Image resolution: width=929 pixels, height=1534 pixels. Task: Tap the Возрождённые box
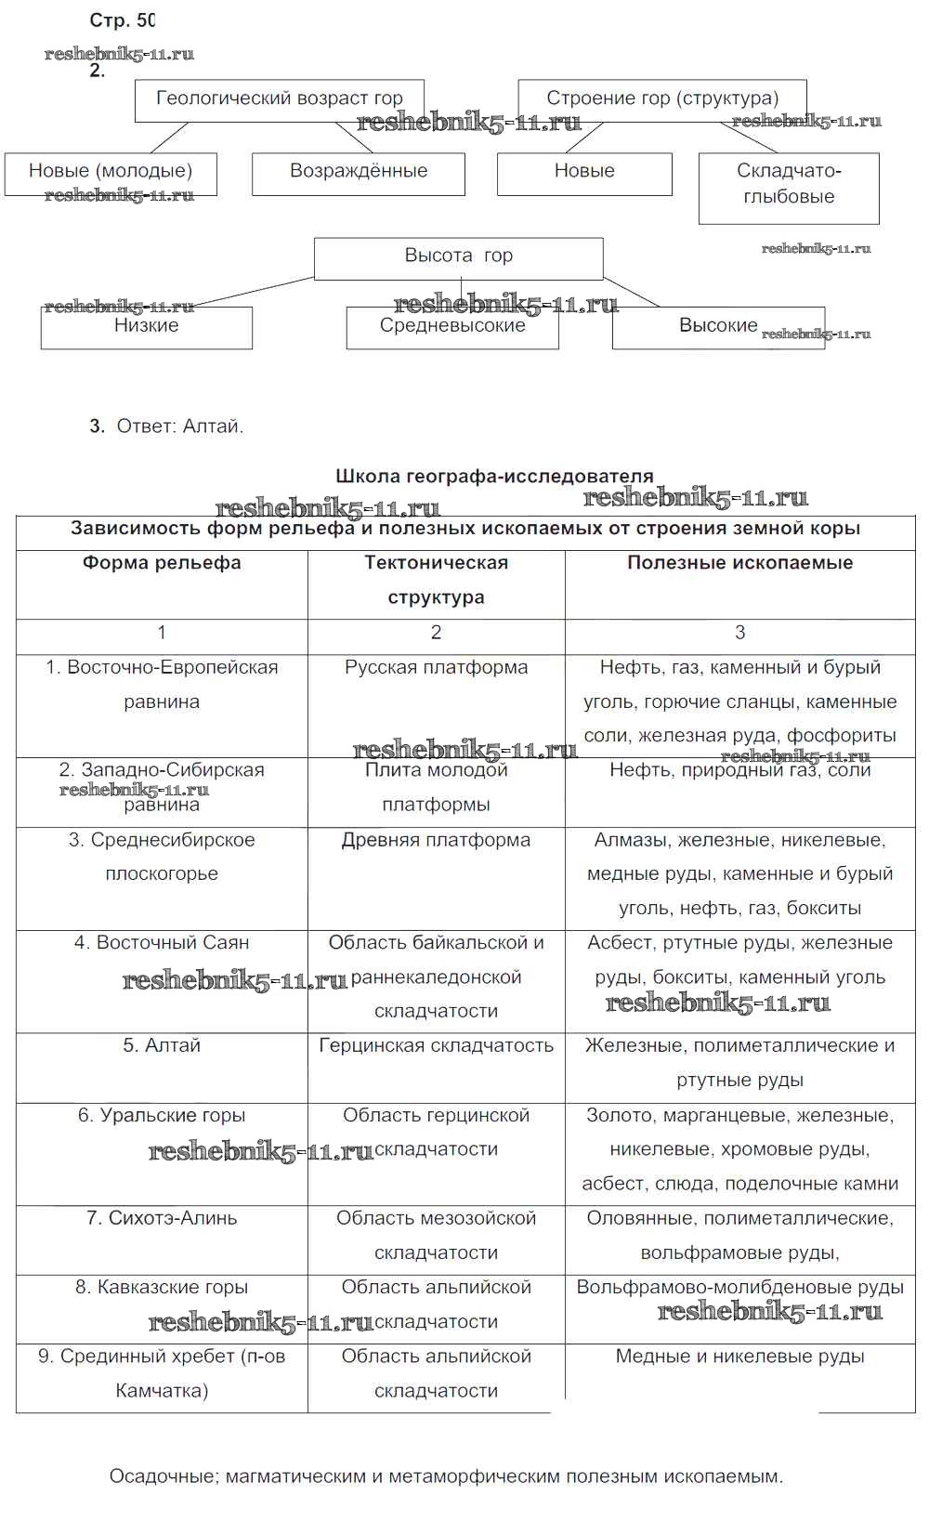(359, 172)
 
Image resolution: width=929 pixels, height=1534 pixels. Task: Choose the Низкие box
(146, 326)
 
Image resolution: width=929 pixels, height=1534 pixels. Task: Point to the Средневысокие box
(452, 326)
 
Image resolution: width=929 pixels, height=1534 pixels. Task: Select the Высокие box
(718, 326)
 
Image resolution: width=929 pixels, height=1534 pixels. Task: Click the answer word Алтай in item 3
(213, 426)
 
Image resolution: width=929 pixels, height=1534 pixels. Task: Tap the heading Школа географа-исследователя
(494, 477)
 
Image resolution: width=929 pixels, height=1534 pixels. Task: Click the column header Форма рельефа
(162, 563)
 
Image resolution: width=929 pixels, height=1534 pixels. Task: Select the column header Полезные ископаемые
(739, 563)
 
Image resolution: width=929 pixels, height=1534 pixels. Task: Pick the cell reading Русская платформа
(436, 668)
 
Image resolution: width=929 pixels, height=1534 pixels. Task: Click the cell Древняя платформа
(436, 840)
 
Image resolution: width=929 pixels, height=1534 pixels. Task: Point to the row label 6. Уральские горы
(162, 1115)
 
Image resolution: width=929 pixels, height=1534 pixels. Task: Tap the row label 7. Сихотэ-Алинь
(162, 1218)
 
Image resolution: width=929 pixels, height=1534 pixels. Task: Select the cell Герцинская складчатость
(436, 1046)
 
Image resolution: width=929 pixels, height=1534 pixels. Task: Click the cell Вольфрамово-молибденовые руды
(739, 1288)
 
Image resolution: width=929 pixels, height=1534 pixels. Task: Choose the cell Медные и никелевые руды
(739, 1357)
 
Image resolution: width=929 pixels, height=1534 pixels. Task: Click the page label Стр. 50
(122, 20)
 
